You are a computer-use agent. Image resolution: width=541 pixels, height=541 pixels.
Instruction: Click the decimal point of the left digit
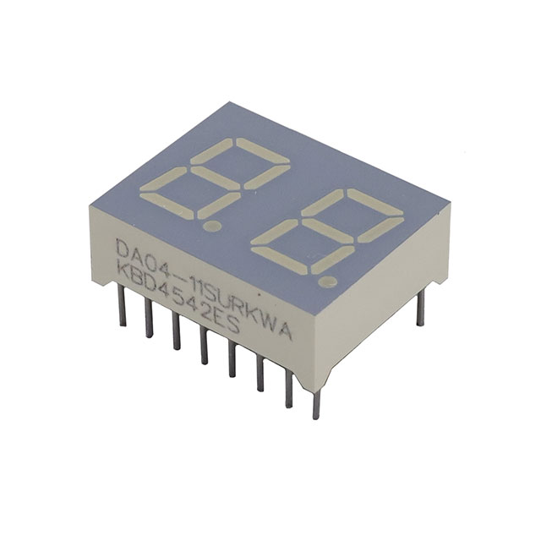(x=212, y=227)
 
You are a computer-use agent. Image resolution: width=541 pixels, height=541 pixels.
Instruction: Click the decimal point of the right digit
(x=328, y=281)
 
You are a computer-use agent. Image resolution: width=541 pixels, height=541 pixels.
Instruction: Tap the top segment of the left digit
(x=263, y=150)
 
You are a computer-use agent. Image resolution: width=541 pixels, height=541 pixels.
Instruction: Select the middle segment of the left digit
(x=216, y=178)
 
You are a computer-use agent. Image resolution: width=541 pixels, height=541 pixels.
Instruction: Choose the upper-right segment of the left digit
(x=267, y=177)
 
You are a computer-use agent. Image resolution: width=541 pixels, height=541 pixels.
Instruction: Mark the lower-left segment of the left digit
(x=163, y=178)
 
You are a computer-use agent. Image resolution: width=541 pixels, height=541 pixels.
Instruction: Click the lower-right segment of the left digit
(x=219, y=205)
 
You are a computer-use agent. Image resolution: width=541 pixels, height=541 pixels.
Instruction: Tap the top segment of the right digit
(x=377, y=202)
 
